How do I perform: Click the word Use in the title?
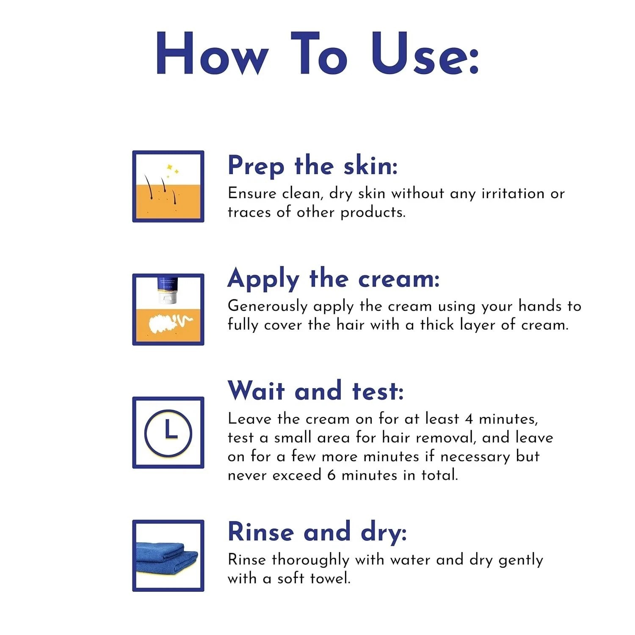point(425,54)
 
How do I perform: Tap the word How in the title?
point(212,54)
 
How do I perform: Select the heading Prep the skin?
point(312,166)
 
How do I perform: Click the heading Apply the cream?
point(334,279)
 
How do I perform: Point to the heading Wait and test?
point(315,391)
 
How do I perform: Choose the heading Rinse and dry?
point(317,532)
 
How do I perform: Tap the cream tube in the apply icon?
point(168,290)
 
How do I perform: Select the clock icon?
point(168,433)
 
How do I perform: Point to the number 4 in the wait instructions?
point(469,419)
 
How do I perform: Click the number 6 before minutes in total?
point(331,475)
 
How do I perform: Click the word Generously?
point(268,306)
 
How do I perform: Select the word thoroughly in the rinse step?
point(311,560)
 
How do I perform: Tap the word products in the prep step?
point(373,213)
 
